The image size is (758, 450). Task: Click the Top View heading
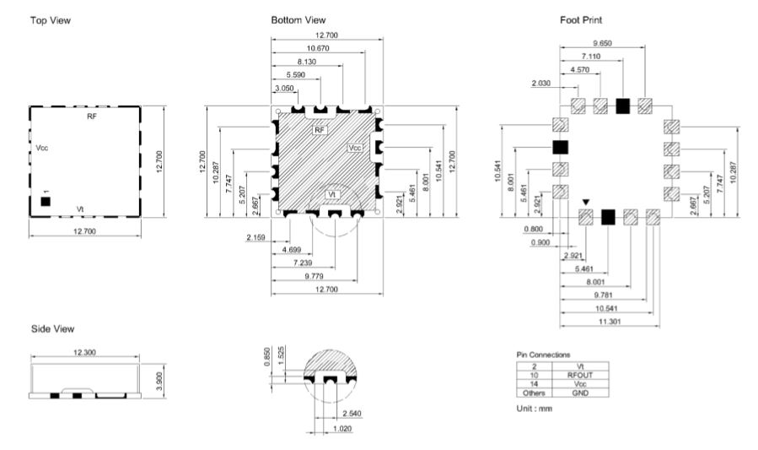point(51,20)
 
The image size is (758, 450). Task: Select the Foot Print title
point(581,19)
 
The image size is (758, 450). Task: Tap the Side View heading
point(52,329)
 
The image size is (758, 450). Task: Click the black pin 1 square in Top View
point(46,201)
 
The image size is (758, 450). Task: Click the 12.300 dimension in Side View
point(84,352)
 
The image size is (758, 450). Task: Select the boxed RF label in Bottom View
point(320,130)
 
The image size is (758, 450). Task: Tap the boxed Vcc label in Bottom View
point(355,148)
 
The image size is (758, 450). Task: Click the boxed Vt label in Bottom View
point(331,194)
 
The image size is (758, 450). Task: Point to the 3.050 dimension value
point(284,88)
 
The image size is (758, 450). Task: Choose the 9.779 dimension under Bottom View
point(314,276)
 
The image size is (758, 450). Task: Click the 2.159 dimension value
point(255,237)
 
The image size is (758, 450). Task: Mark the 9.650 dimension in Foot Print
point(602,43)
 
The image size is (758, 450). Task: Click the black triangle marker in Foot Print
point(586,202)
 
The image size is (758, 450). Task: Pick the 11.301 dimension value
point(610,322)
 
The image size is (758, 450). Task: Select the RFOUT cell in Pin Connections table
point(579,375)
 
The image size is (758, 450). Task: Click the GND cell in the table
point(579,393)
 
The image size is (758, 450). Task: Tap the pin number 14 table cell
point(535,383)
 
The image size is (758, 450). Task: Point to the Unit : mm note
point(535,409)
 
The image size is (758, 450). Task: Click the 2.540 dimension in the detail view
point(352,413)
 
